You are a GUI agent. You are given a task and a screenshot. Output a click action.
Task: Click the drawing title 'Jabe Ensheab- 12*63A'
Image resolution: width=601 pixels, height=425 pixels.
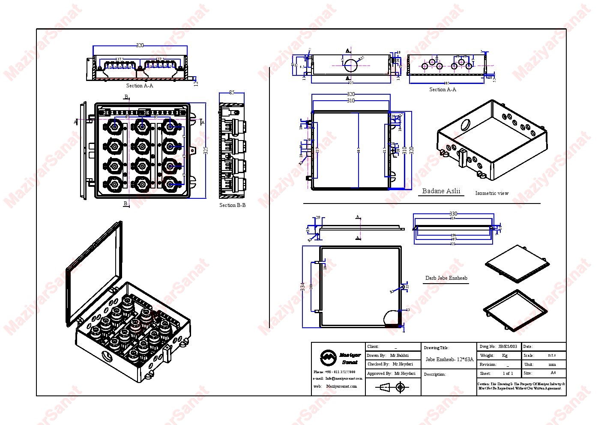click(x=449, y=359)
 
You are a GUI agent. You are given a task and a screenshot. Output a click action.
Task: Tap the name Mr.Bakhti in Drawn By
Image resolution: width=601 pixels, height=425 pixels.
click(x=399, y=355)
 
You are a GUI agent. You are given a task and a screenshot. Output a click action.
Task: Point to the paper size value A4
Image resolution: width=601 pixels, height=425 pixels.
click(x=553, y=373)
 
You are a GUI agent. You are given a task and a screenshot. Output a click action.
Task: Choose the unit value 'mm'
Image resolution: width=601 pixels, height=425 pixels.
click(x=552, y=364)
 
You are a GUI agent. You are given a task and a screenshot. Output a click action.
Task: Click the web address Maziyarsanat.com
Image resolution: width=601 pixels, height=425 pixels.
click(x=341, y=386)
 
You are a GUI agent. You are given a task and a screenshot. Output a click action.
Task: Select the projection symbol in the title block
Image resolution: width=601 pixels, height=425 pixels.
click(x=392, y=388)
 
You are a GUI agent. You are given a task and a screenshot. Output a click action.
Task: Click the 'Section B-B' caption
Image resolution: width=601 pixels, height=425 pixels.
click(x=232, y=205)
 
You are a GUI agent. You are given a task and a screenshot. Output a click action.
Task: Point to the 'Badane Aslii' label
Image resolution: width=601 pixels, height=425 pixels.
click(x=441, y=191)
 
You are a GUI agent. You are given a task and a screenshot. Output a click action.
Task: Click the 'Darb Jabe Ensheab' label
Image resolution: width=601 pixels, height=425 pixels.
click(x=446, y=278)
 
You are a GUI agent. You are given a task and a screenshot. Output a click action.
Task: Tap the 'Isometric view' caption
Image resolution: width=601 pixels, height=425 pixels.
click(x=492, y=193)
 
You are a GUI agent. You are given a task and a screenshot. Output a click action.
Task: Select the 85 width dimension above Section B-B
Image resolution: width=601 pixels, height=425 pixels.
click(x=232, y=92)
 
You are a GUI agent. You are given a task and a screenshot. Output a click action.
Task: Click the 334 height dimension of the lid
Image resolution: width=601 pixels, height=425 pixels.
click(x=303, y=287)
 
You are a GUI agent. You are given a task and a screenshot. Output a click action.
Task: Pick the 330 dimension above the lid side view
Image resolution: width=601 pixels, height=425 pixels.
click(x=453, y=213)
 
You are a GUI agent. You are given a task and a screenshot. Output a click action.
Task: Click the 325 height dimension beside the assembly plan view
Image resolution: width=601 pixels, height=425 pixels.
click(x=206, y=151)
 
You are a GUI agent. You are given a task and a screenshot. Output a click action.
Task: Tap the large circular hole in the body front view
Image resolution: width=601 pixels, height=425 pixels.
click(x=351, y=66)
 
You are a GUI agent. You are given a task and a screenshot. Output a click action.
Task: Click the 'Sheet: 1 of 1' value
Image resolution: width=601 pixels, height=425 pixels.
click(x=508, y=373)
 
